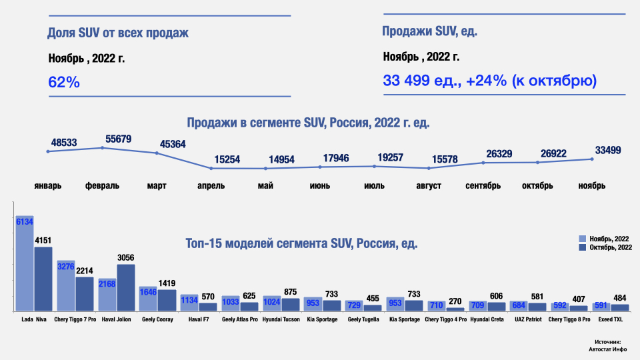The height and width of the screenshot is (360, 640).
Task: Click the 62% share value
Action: [64, 82]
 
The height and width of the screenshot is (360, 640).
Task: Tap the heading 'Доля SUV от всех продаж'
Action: [118, 33]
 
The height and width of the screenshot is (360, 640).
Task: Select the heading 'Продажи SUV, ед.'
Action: [429, 31]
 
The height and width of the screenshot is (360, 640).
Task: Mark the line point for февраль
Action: [102, 147]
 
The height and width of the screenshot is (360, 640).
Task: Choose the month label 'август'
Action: [428, 185]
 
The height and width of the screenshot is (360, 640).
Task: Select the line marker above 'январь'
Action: [48, 151]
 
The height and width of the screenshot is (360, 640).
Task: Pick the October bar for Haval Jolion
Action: [126, 288]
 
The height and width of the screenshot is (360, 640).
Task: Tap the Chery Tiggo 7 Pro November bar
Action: [65, 286]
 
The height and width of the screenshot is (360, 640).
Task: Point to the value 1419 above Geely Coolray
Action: [167, 283]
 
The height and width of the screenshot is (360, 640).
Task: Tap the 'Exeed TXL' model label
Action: [620, 320]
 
